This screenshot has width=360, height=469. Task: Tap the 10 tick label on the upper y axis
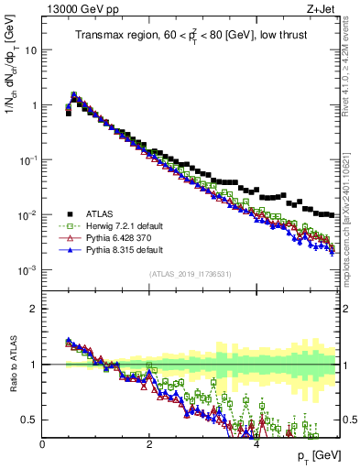pos(29,50)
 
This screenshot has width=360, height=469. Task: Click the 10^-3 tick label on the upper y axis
pos(27,270)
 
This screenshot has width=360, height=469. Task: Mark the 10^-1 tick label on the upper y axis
pos(27,160)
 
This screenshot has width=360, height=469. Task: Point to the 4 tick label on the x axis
pos(256,443)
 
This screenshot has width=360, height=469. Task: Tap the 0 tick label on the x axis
pos(42,443)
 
